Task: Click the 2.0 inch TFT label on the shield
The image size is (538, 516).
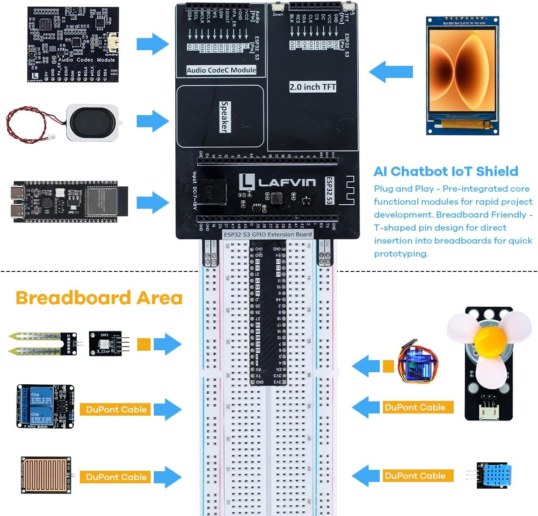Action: (312, 87)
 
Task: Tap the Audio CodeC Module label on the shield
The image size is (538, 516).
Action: (221, 70)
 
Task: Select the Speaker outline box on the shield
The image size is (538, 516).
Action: (220, 116)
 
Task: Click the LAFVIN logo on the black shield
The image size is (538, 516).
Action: (277, 182)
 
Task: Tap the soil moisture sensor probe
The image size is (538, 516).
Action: (42, 344)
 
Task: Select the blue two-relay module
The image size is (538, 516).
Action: (45, 407)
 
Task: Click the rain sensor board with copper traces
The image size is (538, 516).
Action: (46, 475)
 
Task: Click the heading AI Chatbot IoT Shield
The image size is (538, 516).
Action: (446, 171)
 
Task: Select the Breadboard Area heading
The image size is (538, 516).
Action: (99, 298)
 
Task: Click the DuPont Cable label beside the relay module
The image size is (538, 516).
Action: (116, 409)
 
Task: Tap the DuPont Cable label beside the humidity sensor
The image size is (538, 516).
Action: (415, 476)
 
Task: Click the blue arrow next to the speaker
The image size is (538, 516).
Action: (153, 120)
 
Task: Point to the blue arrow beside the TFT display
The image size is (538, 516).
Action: (390, 72)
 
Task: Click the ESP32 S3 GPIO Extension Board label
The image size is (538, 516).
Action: (268, 234)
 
